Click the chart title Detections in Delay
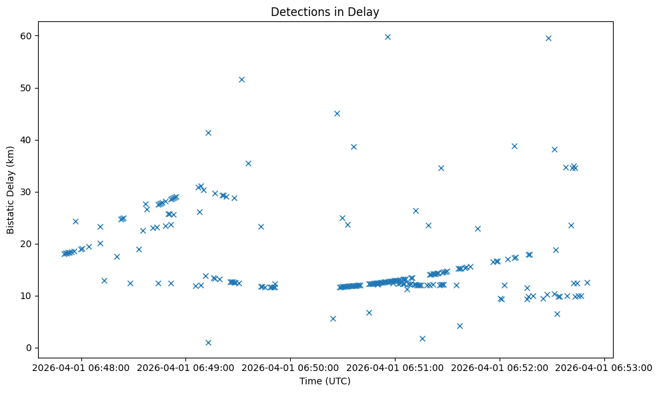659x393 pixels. coord(325,12)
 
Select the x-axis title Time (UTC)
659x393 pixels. coord(325,381)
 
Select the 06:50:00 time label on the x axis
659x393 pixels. coord(291,366)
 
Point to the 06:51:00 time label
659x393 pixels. coord(396,366)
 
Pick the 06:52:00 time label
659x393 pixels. coord(500,366)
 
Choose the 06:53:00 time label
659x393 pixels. coord(605,366)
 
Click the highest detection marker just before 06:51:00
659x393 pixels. coord(388,37)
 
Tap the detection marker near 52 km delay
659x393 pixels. coord(241,79)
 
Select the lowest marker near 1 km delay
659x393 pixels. coord(208,342)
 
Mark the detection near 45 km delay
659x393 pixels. coord(337,113)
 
